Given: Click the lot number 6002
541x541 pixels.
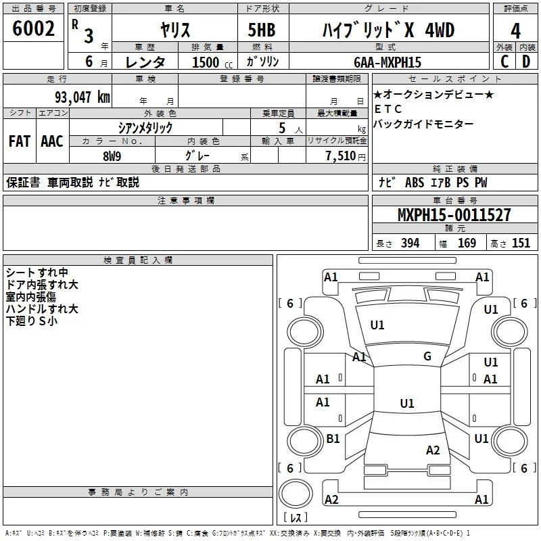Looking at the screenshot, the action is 33,28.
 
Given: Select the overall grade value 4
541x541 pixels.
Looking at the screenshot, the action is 515,31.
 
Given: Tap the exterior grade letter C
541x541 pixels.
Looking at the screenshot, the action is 504,62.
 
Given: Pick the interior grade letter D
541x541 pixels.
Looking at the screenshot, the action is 526,62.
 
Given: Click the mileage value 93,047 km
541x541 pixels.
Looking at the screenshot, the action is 83,97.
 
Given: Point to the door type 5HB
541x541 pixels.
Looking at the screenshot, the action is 262,30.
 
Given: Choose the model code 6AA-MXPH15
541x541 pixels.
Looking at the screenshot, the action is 387,62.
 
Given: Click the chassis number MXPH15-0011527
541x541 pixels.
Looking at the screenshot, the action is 454,215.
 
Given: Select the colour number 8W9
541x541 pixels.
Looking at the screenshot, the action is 112,156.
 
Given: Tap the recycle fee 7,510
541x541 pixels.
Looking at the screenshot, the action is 340,156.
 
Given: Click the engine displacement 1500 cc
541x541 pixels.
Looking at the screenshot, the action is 212,62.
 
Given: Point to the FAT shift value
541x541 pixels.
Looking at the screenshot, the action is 20,141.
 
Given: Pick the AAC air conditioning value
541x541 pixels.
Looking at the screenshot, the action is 52,141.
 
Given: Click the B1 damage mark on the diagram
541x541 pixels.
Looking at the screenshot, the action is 333,438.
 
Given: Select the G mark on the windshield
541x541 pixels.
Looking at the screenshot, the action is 427,356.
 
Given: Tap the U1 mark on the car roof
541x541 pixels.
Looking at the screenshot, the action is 407,403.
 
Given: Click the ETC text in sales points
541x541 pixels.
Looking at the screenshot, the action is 388,109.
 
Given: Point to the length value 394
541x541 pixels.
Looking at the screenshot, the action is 410,243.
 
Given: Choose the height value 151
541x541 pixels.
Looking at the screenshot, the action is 521,243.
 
